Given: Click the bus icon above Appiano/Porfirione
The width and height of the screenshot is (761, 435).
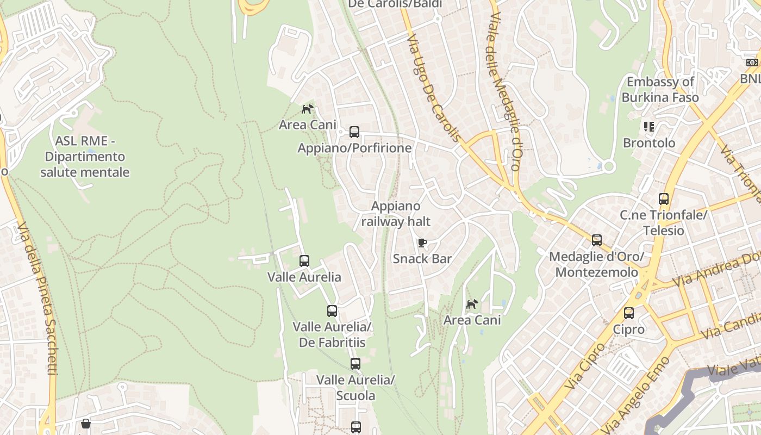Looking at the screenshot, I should (354, 132).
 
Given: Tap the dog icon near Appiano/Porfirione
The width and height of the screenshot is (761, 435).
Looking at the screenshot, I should (308, 109).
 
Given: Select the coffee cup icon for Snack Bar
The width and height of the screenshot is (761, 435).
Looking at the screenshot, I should (422, 243).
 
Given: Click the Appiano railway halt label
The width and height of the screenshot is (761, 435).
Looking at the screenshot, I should (396, 214).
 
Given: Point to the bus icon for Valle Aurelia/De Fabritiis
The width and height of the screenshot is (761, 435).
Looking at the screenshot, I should (332, 311).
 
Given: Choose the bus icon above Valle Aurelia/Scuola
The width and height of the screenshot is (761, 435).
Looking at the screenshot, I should (355, 364).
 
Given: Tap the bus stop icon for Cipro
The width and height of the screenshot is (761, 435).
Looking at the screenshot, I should (629, 313).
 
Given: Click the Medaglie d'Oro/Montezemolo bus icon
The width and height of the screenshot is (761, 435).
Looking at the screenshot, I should (597, 240).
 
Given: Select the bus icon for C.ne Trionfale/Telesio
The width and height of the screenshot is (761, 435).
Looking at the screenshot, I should (664, 199).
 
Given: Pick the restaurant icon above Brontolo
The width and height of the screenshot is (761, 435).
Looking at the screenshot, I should (648, 127).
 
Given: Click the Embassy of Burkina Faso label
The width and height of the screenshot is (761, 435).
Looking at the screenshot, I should (660, 90).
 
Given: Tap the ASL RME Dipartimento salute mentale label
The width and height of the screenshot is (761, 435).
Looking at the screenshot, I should (85, 157).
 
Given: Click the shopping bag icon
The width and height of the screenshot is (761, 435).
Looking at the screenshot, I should (86, 424).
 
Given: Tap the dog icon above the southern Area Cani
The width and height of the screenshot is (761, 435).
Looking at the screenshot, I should (472, 304).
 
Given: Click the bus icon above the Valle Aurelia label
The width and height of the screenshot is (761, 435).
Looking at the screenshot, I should (304, 261).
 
